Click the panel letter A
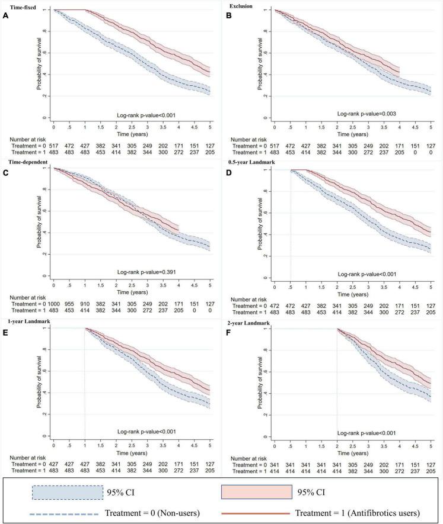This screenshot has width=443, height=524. [5, 17]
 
